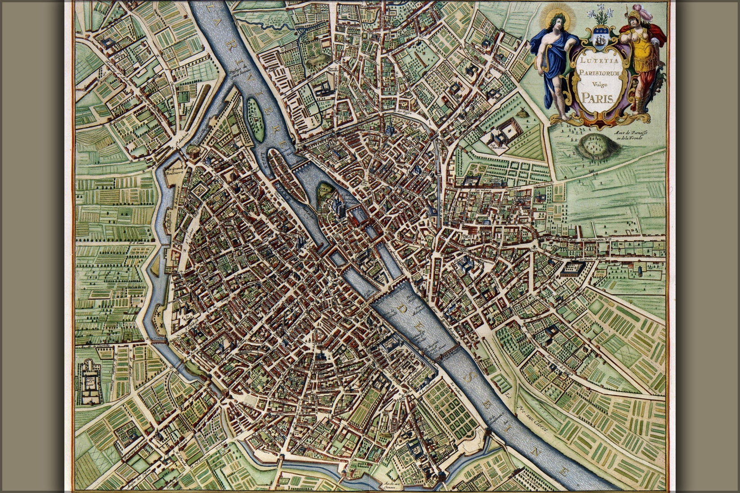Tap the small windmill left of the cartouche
coord(523,113)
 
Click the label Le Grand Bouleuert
coord(177,167)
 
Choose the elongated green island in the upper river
coord(254,117)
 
